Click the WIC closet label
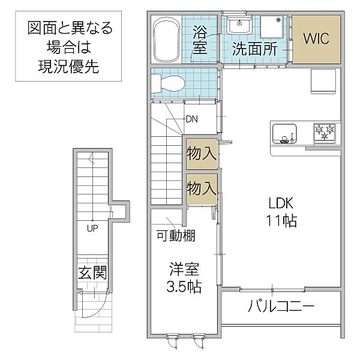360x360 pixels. (316, 38)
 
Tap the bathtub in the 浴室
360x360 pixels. (166, 39)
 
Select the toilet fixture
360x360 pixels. (168, 83)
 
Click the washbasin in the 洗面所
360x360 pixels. (239, 25)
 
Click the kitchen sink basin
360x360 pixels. (284, 133)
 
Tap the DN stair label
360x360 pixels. (192, 119)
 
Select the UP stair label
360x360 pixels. (92, 228)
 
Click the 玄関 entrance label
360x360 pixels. (92, 273)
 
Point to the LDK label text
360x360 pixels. (281, 203)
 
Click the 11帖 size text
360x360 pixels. (281, 221)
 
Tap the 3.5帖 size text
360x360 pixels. (184, 286)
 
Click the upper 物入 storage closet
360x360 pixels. (202, 154)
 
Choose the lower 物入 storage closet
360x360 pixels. (202, 189)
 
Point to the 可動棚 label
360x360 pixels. (176, 235)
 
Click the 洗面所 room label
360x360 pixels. (254, 49)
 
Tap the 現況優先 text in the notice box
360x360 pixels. (68, 67)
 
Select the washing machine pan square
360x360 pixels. (272, 26)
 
